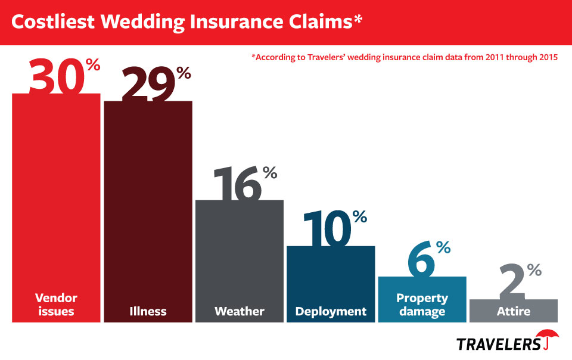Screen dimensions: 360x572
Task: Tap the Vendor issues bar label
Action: pos(56,304)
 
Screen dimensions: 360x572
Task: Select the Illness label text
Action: pos(148,311)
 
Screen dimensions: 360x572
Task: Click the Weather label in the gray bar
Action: pos(239,311)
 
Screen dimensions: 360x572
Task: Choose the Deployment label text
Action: pos(331,311)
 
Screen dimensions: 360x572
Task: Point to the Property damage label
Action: pos(422,304)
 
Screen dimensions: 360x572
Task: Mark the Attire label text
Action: pos(514,311)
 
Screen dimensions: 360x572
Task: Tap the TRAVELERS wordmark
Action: pos(498,344)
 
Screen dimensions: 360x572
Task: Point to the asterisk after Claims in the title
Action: pos(357,19)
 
